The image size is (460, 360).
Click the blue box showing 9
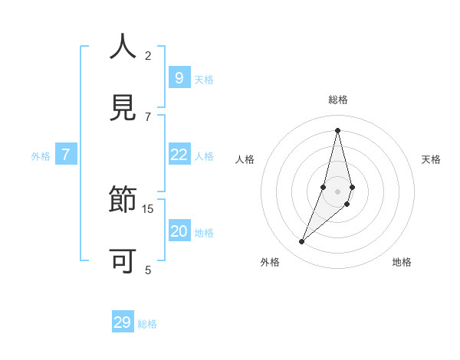pyautogui.click(x=179, y=78)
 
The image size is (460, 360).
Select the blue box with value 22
pyautogui.click(x=179, y=155)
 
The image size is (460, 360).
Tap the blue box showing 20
pyautogui.click(x=179, y=231)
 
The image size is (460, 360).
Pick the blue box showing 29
pyautogui.click(x=123, y=322)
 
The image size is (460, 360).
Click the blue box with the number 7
pyautogui.click(x=66, y=155)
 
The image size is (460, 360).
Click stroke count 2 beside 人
pyautogui.click(x=148, y=55)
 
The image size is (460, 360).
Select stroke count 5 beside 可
pyautogui.click(x=148, y=270)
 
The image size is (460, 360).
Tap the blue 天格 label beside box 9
pyautogui.click(x=204, y=80)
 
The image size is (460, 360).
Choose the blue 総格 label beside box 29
pyautogui.click(x=147, y=324)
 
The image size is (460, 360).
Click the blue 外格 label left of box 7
pyautogui.click(x=41, y=156)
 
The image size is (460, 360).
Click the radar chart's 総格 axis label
pyautogui.click(x=338, y=100)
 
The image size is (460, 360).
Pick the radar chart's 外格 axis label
pyautogui.click(x=270, y=262)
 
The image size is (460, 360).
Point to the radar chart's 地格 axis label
pyautogui.click(x=402, y=262)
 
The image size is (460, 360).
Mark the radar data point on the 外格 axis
pyautogui.click(x=302, y=242)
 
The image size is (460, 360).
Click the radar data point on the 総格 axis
pyautogui.click(x=337, y=130)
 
